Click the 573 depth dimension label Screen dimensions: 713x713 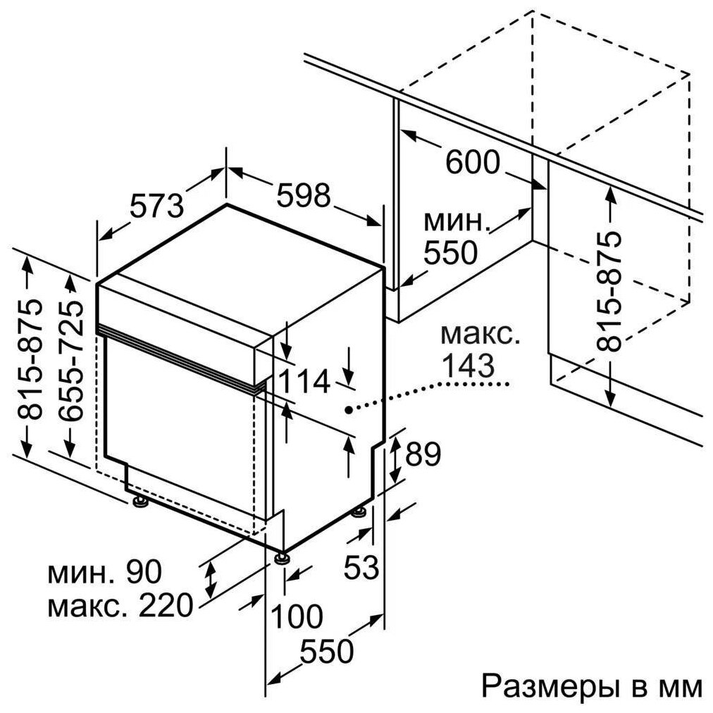pos(156,204)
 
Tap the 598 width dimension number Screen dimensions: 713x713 pos(303,196)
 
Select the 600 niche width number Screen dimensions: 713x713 pos(473,163)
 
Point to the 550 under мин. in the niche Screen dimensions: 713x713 pos(451,252)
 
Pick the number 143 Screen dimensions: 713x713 pos(467,365)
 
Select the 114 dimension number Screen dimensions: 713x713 pos(304,381)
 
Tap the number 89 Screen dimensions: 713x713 pos(421,454)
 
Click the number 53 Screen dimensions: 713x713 pos(362,567)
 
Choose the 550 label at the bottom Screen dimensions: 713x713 pos(326,652)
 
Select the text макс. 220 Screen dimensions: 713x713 pos(120,604)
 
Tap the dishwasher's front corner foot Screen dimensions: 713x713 pos(283,558)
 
